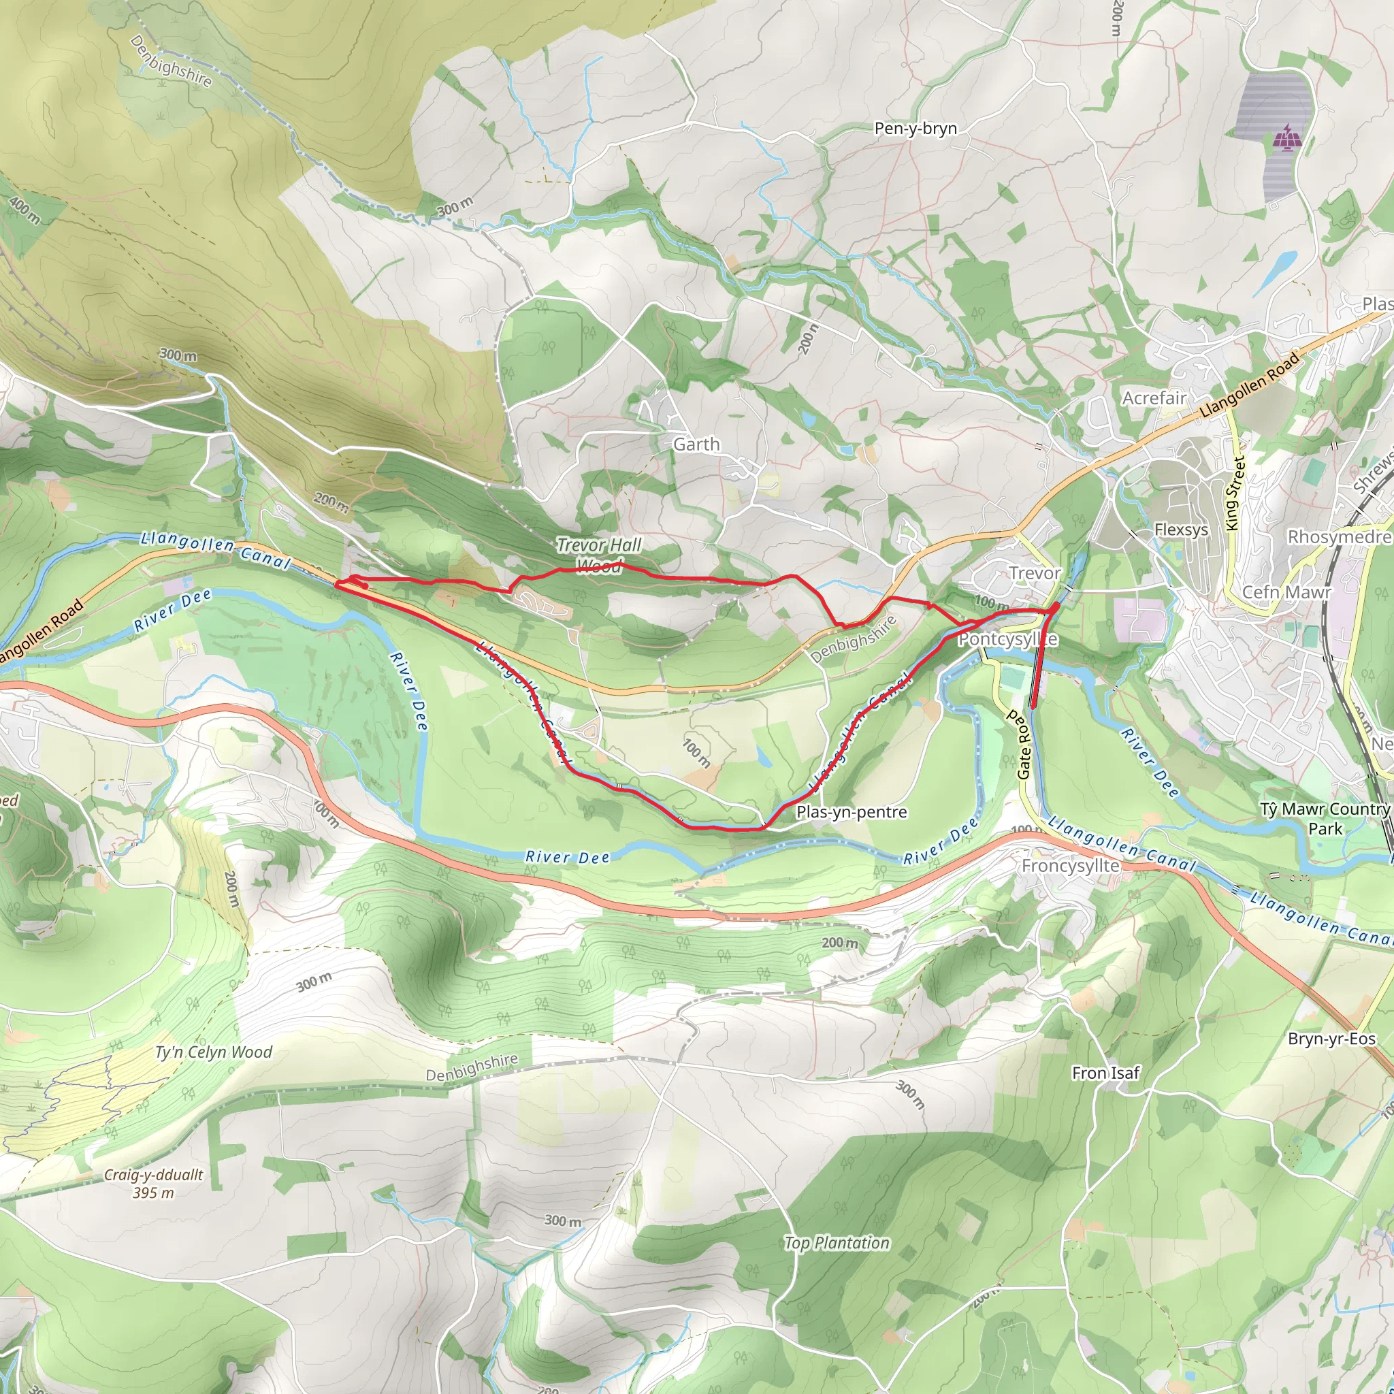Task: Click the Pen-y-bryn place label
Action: [x=915, y=129]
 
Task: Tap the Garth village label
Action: [x=696, y=444]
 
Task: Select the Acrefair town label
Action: [x=1154, y=398]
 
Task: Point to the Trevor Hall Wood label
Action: [x=599, y=555]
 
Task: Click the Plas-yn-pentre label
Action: [x=851, y=812]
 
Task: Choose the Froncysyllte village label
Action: [x=1070, y=865]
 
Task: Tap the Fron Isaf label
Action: [x=1105, y=1073]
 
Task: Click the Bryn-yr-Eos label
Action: [x=1331, y=1038]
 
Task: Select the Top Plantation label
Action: [x=837, y=1242]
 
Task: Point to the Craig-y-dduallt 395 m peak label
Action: [x=153, y=1183]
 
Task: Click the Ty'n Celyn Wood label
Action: [x=214, y=1052]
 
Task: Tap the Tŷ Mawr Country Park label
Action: [x=1325, y=818]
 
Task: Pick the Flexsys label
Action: [x=1180, y=530]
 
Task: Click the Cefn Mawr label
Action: [x=1286, y=591]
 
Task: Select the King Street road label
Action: [x=1235, y=493]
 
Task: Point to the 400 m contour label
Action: [x=25, y=209]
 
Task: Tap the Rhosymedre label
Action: [x=1338, y=537]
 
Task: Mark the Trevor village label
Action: [x=1034, y=573]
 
